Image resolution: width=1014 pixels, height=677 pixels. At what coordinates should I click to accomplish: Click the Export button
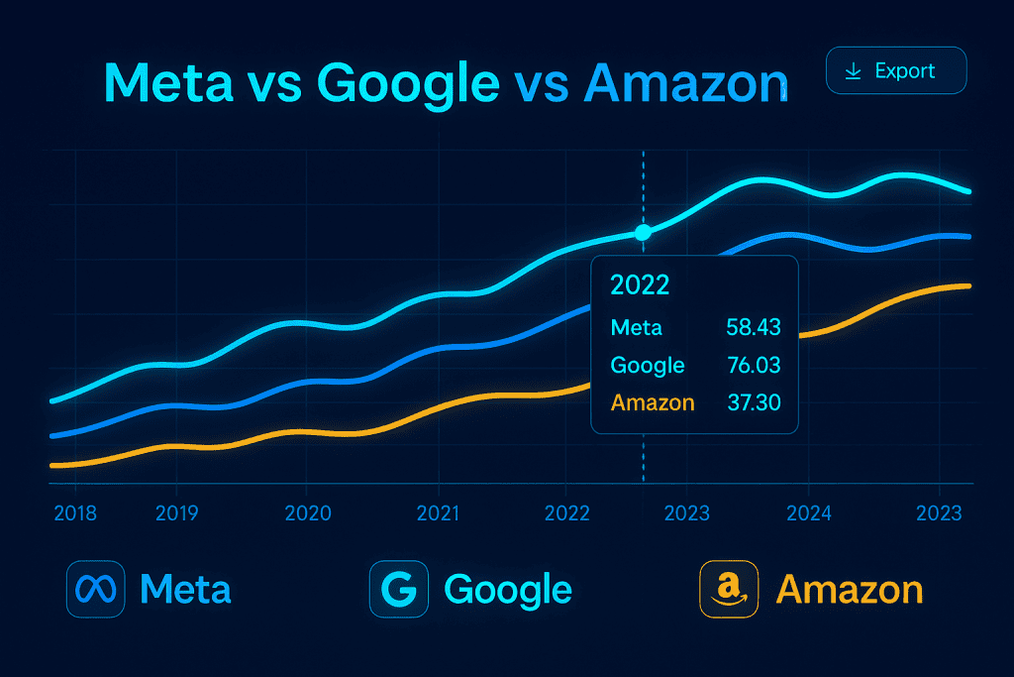895,71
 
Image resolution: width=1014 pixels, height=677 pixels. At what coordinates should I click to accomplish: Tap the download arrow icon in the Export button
852,71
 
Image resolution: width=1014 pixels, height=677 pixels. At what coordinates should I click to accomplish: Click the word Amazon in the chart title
685,83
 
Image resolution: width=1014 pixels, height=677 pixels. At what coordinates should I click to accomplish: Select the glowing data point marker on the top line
643,232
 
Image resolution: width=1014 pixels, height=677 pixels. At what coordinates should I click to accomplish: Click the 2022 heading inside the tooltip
640,285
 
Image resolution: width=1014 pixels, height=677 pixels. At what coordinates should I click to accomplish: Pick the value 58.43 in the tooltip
753,328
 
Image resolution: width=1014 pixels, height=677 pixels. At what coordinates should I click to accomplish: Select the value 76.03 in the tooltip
753,365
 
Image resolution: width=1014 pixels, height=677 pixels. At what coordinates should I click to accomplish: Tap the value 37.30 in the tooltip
753,402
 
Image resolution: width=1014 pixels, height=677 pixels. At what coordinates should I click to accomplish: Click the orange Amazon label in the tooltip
653,402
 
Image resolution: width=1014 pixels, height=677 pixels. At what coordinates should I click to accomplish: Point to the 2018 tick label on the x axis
76,513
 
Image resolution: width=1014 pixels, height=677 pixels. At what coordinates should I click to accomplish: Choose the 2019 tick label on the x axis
177,513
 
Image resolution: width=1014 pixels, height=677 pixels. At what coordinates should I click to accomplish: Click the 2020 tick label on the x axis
307,513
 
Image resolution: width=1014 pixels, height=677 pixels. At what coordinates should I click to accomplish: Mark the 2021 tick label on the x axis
438,513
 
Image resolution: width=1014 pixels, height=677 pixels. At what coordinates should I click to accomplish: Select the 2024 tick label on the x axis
809,513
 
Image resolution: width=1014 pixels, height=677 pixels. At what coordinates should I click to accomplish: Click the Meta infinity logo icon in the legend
94,590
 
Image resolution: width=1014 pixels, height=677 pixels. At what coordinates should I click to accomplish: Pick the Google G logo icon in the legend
398,590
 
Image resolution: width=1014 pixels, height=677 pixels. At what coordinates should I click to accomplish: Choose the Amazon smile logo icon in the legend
728,590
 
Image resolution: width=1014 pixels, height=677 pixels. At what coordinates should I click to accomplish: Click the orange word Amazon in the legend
849,590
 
